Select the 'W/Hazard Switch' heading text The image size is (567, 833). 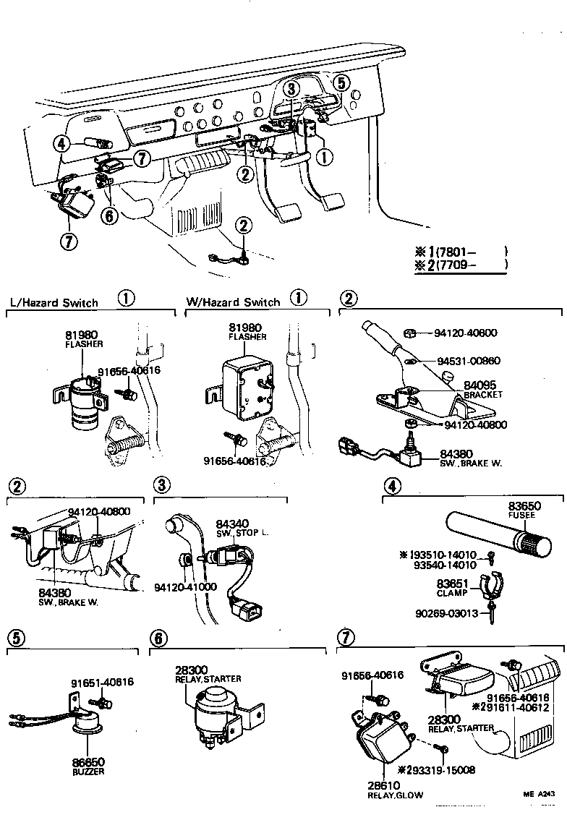tap(233, 302)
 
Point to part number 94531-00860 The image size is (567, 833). tap(466, 360)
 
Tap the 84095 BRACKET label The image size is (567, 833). tap(482, 390)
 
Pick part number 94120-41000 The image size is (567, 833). tap(186, 586)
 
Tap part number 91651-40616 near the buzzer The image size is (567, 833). tap(102, 682)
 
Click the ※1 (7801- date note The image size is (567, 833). tap(460, 252)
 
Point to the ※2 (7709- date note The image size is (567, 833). tap(460, 265)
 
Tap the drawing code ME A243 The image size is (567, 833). tap(540, 794)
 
